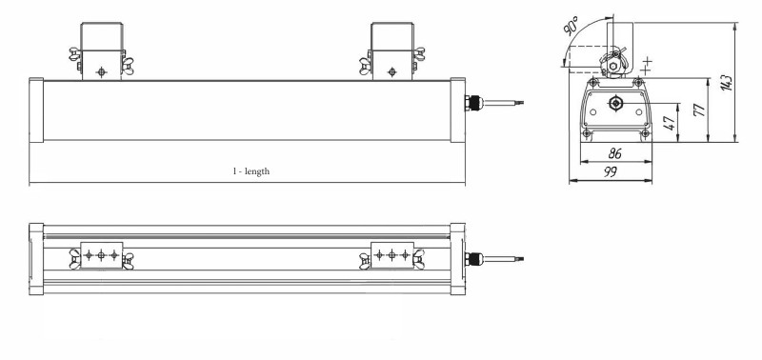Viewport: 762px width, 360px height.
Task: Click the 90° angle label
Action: click(x=571, y=27)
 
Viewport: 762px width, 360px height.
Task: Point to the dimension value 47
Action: click(x=671, y=123)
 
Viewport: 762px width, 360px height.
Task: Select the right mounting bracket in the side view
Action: click(x=391, y=51)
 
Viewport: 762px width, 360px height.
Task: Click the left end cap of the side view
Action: click(x=37, y=111)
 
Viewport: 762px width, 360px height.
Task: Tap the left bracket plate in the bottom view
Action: click(x=102, y=255)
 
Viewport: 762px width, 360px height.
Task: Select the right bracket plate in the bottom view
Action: click(x=391, y=255)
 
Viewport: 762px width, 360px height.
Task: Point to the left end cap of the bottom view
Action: click(x=37, y=257)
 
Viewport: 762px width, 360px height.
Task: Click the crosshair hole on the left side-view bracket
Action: click(x=103, y=70)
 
